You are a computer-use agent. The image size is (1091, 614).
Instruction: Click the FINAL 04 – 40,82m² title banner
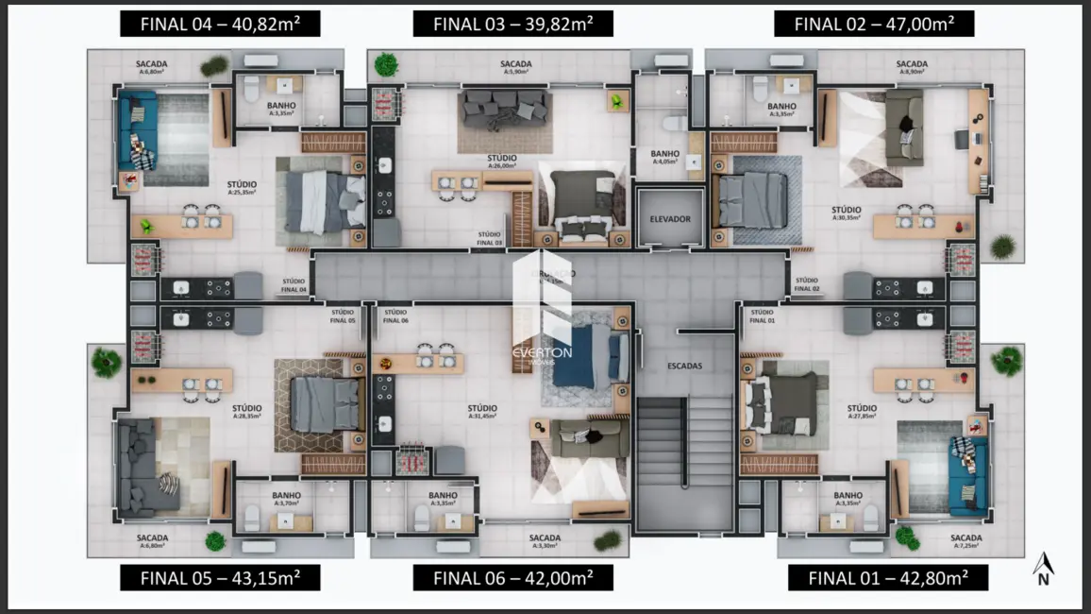[x=220, y=24]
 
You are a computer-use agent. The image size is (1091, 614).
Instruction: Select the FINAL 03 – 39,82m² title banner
[x=512, y=24]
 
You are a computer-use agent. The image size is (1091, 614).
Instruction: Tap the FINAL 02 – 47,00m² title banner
[x=874, y=24]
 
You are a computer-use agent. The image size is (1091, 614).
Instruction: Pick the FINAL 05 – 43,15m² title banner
[x=220, y=577]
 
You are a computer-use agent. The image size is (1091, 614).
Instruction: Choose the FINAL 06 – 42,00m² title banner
[x=512, y=577]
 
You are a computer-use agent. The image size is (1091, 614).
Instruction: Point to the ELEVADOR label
[x=670, y=219]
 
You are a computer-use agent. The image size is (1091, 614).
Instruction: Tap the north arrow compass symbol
[x=1043, y=570]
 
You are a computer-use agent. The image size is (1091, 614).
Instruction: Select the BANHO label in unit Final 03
[x=664, y=153]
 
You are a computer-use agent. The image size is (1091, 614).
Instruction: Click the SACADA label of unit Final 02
[x=911, y=64]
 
